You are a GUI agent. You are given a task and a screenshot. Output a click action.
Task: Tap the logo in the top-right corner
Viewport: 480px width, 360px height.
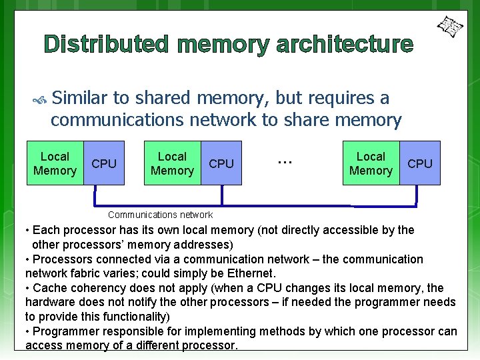coord(449,27)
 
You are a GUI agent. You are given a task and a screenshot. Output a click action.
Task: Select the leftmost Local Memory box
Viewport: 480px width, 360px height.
coord(55,163)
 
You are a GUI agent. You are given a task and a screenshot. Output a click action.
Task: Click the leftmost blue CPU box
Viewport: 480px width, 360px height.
coord(103,163)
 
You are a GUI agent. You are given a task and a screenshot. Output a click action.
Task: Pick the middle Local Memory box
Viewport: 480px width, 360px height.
coord(172,163)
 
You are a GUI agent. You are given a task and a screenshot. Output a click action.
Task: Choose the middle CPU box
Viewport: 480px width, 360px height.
coord(221,163)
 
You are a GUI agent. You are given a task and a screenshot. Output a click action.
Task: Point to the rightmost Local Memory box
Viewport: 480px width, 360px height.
coord(371,163)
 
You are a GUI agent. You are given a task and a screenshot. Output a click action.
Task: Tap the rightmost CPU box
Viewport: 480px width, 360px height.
coord(419,163)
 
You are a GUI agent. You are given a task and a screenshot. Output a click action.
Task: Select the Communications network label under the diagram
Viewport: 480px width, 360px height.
coord(160,215)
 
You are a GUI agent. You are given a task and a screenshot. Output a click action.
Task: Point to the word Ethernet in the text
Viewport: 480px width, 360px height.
coord(251,273)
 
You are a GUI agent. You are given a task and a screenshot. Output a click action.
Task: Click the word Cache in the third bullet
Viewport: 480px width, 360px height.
coord(49,288)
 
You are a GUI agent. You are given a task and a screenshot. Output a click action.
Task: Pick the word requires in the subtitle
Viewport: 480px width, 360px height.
coord(338,98)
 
